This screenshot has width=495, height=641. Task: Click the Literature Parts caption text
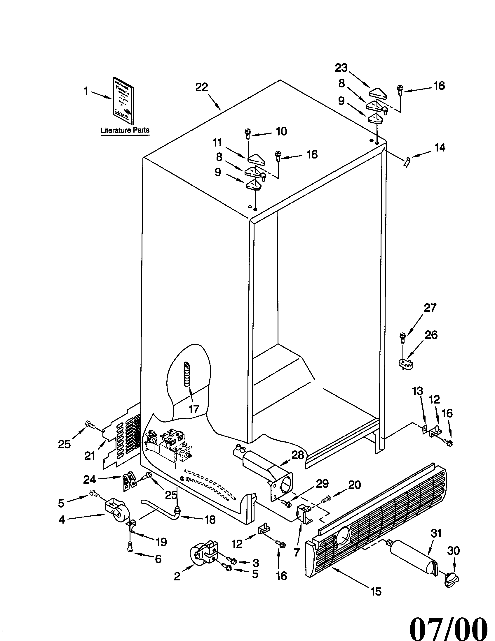point(125,130)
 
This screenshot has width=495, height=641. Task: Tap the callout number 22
point(202,87)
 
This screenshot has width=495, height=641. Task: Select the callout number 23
point(341,68)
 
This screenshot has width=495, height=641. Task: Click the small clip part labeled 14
point(407,161)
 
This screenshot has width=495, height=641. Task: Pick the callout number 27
point(430,308)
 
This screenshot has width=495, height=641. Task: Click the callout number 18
point(210,520)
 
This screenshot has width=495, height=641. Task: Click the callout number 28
point(297,455)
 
